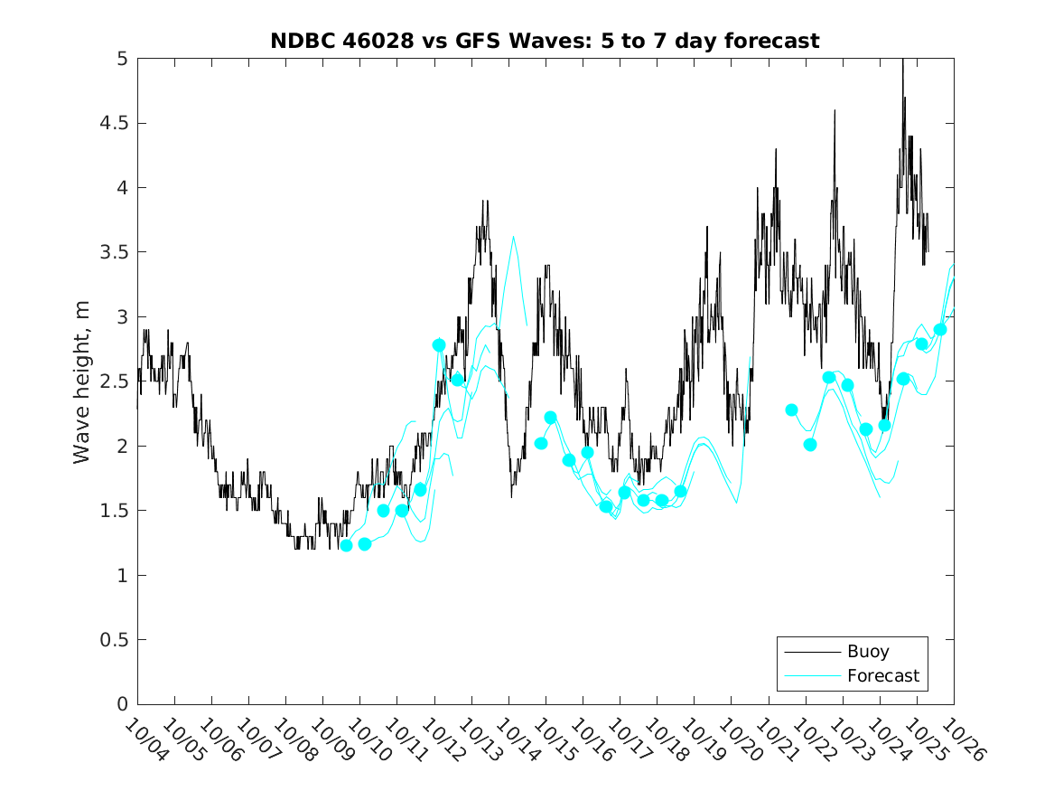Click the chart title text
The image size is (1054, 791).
[545, 41]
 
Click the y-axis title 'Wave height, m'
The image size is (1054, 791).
[82, 381]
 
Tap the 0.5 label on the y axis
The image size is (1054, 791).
[114, 640]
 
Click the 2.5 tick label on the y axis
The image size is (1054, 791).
[114, 381]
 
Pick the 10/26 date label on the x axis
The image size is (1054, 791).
[961, 739]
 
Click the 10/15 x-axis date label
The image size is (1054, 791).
[553, 739]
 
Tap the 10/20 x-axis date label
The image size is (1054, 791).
[739, 739]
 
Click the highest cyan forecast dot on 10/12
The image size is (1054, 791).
[439, 344]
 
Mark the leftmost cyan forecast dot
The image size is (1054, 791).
[346, 545]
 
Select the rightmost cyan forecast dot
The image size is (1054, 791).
[940, 329]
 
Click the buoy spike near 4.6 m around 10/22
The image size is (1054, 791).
[835, 111]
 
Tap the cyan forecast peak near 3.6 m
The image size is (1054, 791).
[513, 238]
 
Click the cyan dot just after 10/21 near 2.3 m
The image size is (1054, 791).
[792, 410]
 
